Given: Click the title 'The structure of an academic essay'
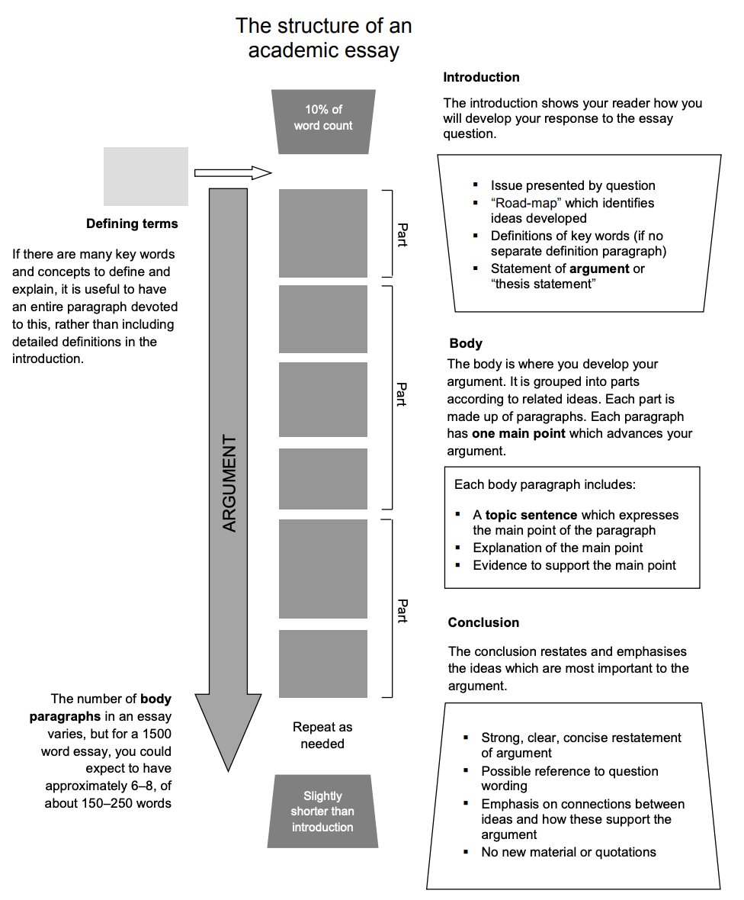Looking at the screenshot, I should [323, 38].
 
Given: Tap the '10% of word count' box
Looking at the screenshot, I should [323, 117].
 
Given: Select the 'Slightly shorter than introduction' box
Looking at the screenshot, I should [322, 812].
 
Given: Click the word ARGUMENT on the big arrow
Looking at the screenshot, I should [229, 484].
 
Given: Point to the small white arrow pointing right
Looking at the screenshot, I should [233, 173].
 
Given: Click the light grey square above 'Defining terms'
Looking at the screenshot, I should [146, 176].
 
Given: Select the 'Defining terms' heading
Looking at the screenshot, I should [132, 223].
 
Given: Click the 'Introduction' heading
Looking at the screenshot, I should [481, 77].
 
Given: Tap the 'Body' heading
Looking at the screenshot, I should [465, 343].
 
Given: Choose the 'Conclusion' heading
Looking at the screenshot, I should [483, 622].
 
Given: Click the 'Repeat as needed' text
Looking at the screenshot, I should [322, 735].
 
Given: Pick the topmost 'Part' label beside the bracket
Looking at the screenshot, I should [402, 234].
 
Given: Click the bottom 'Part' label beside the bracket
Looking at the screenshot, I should [402, 610].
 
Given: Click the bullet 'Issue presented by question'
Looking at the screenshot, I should [572, 185].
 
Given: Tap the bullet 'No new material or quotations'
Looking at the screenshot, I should [568, 852].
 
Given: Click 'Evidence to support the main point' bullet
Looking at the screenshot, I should [574, 565].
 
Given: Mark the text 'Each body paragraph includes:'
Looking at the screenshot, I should [544, 484].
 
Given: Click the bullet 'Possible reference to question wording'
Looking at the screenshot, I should [569, 778].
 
